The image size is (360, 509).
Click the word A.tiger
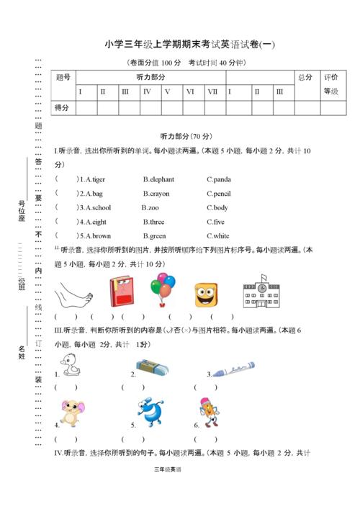(93, 179)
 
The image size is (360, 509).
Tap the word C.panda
(219, 179)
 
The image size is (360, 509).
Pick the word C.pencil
(219, 194)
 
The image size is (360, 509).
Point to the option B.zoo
(153, 207)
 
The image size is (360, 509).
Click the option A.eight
(93, 222)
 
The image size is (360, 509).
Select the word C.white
(218, 235)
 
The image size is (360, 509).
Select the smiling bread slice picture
(206, 294)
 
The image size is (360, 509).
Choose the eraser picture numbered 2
(153, 368)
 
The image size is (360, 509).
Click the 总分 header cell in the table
(305, 77)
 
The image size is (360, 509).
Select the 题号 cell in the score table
(63, 77)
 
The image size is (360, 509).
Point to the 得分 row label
(63, 107)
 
